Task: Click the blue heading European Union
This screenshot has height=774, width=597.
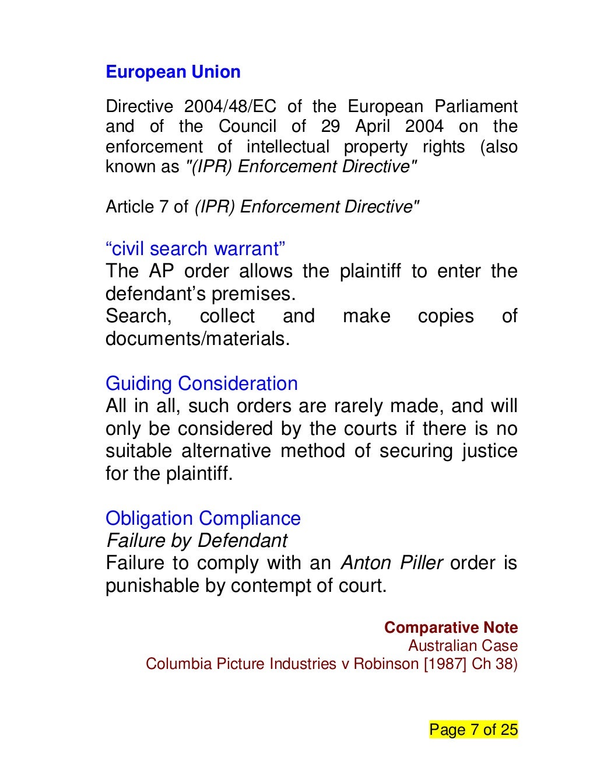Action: pyautogui.click(x=173, y=72)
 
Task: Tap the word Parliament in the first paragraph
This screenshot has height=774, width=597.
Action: pyautogui.click(x=476, y=107)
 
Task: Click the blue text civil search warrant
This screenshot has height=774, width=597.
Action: pyautogui.click(x=195, y=249)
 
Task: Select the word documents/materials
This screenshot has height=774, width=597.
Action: pyautogui.click(x=198, y=339)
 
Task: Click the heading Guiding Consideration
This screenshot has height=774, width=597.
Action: pyautogui.click(x=202, y=383)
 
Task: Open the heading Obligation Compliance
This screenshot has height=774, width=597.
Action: pyautogui.click(x=203, y=518)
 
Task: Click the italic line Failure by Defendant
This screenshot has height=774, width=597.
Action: pyautogui.click(x=196, y=541)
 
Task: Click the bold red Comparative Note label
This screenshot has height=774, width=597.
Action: pyautogui.click(x=451, y=627)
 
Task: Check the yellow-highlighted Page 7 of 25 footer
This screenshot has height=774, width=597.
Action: pyautogui.click(x=473, y=730)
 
